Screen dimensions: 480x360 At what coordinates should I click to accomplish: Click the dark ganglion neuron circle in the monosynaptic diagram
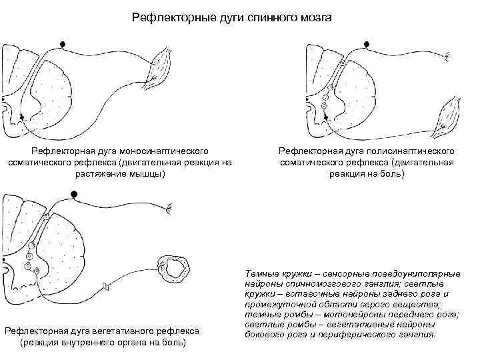click(x=63, y=44)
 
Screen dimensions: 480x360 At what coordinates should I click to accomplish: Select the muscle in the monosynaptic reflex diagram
click(x=162, y=65)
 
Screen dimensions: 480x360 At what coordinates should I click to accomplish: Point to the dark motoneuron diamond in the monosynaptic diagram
click(x=23, y=117)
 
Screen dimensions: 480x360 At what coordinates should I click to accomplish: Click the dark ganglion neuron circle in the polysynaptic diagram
click(x=366, y=44)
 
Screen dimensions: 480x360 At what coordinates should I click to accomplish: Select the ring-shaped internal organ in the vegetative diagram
click(x=177, y=269)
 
